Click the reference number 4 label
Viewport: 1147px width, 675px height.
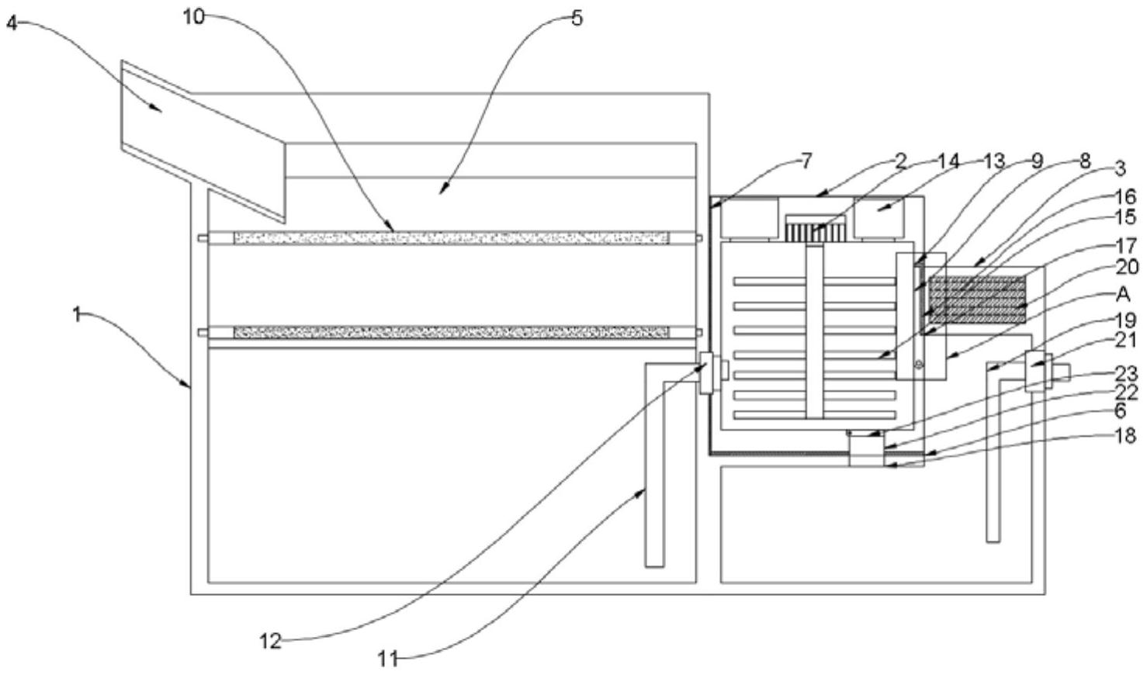[12, 22]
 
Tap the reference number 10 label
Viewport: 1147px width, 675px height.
[194, 17]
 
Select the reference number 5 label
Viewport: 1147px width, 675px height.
[577, 19]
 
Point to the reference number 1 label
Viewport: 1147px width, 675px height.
[78, 313]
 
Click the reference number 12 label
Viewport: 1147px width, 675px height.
[271, 641]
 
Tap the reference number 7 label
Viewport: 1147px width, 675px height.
[806, 161]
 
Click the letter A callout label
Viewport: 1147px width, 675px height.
[1122, 294]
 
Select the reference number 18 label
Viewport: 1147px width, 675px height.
[1125, 435]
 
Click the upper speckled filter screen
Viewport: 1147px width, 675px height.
[451, 237]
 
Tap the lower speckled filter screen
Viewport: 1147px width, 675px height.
[451, 332]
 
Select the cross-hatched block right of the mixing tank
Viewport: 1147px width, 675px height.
[977, 300]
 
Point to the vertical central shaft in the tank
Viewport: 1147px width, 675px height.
[815, 331]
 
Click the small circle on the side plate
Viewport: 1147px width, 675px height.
[919, 365]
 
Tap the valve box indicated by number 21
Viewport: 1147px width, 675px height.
[1038, 372]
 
